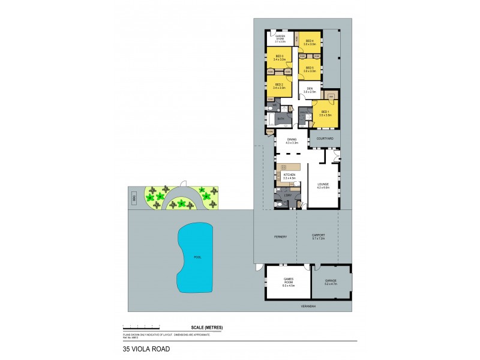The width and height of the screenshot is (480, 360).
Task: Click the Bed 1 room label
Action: pyautogui.click(x=324, y=111)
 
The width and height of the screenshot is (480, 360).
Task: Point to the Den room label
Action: pyautogui.click(x=310, y=89)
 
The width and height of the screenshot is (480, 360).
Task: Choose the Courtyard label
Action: pyautogui.click(x=325, y=139)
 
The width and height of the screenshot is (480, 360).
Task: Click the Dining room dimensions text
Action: pyautogui.click(x=292, y=143)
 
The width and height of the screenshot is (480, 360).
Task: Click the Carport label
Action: pyautogui.click(x=318, y=235)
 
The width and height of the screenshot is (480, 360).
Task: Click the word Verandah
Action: pyautogui.click(x=309, y=306)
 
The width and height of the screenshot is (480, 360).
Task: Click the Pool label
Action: pyautogui.click(x=197, y=257)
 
